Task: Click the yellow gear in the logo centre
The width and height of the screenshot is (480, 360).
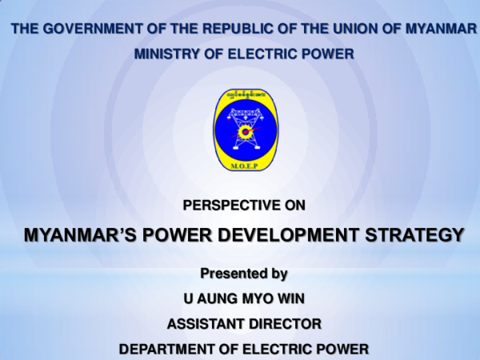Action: click(x=244, y=130)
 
